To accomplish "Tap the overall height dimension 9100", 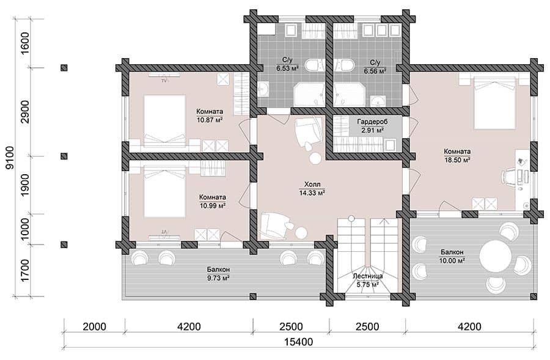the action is [x=10, y=158].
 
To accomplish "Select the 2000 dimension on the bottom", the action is [x=94, y=326].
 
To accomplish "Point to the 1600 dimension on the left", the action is [x=26, y=43].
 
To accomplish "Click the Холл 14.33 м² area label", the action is [x=312, y=188].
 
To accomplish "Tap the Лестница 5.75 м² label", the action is [x=368, y=281].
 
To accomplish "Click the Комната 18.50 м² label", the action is [x=457, y=155].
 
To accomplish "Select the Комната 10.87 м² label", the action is [x=210, y=116].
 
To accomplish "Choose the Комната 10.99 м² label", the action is [x=213, y=201].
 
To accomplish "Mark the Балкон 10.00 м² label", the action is [x=452, y=256].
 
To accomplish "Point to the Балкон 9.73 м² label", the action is [x=218, y=274].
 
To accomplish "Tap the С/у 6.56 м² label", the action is [x=375, y=66].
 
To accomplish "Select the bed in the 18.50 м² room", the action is [x=494, y=103].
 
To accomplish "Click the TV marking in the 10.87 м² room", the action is [x=164, y=81].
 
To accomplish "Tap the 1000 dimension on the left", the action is [x=26, y=229].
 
